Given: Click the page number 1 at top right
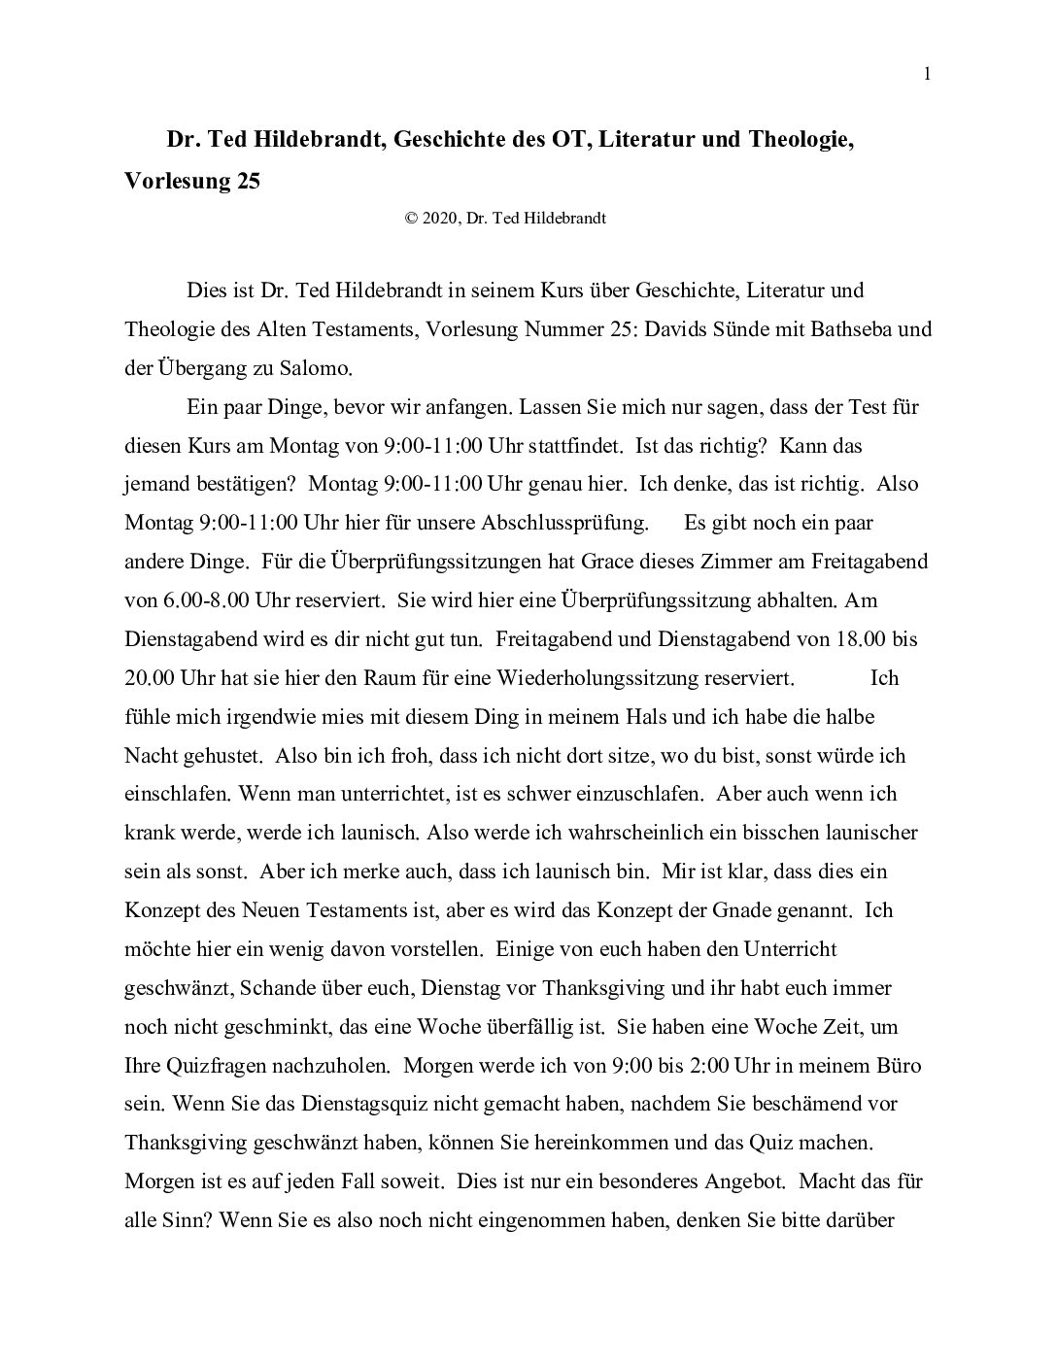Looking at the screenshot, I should (x=928, y=75).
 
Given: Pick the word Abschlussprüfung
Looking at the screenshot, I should (x=564, y=523).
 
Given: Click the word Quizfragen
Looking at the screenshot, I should (x=210, y=1066).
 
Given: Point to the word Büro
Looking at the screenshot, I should (x=898, y=1066).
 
